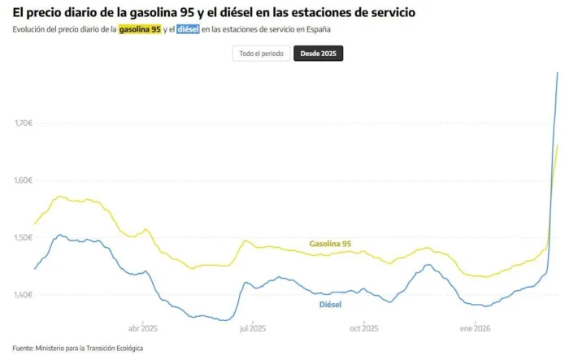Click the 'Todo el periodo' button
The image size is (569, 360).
[261, 54]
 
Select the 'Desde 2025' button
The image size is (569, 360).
[318, 54]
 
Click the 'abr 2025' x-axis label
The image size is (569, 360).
[143, 329]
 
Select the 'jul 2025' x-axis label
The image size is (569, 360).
[253, 329]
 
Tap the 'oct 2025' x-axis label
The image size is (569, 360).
[363, 329]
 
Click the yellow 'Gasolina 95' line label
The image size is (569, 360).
[330, 243]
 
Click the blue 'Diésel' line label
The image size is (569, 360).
[329, 305]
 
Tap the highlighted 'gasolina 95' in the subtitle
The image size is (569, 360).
[140, 30]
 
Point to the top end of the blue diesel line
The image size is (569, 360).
[558, 72]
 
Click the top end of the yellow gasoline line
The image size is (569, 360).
[558, 145]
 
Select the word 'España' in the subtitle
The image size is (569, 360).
[319, 30]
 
